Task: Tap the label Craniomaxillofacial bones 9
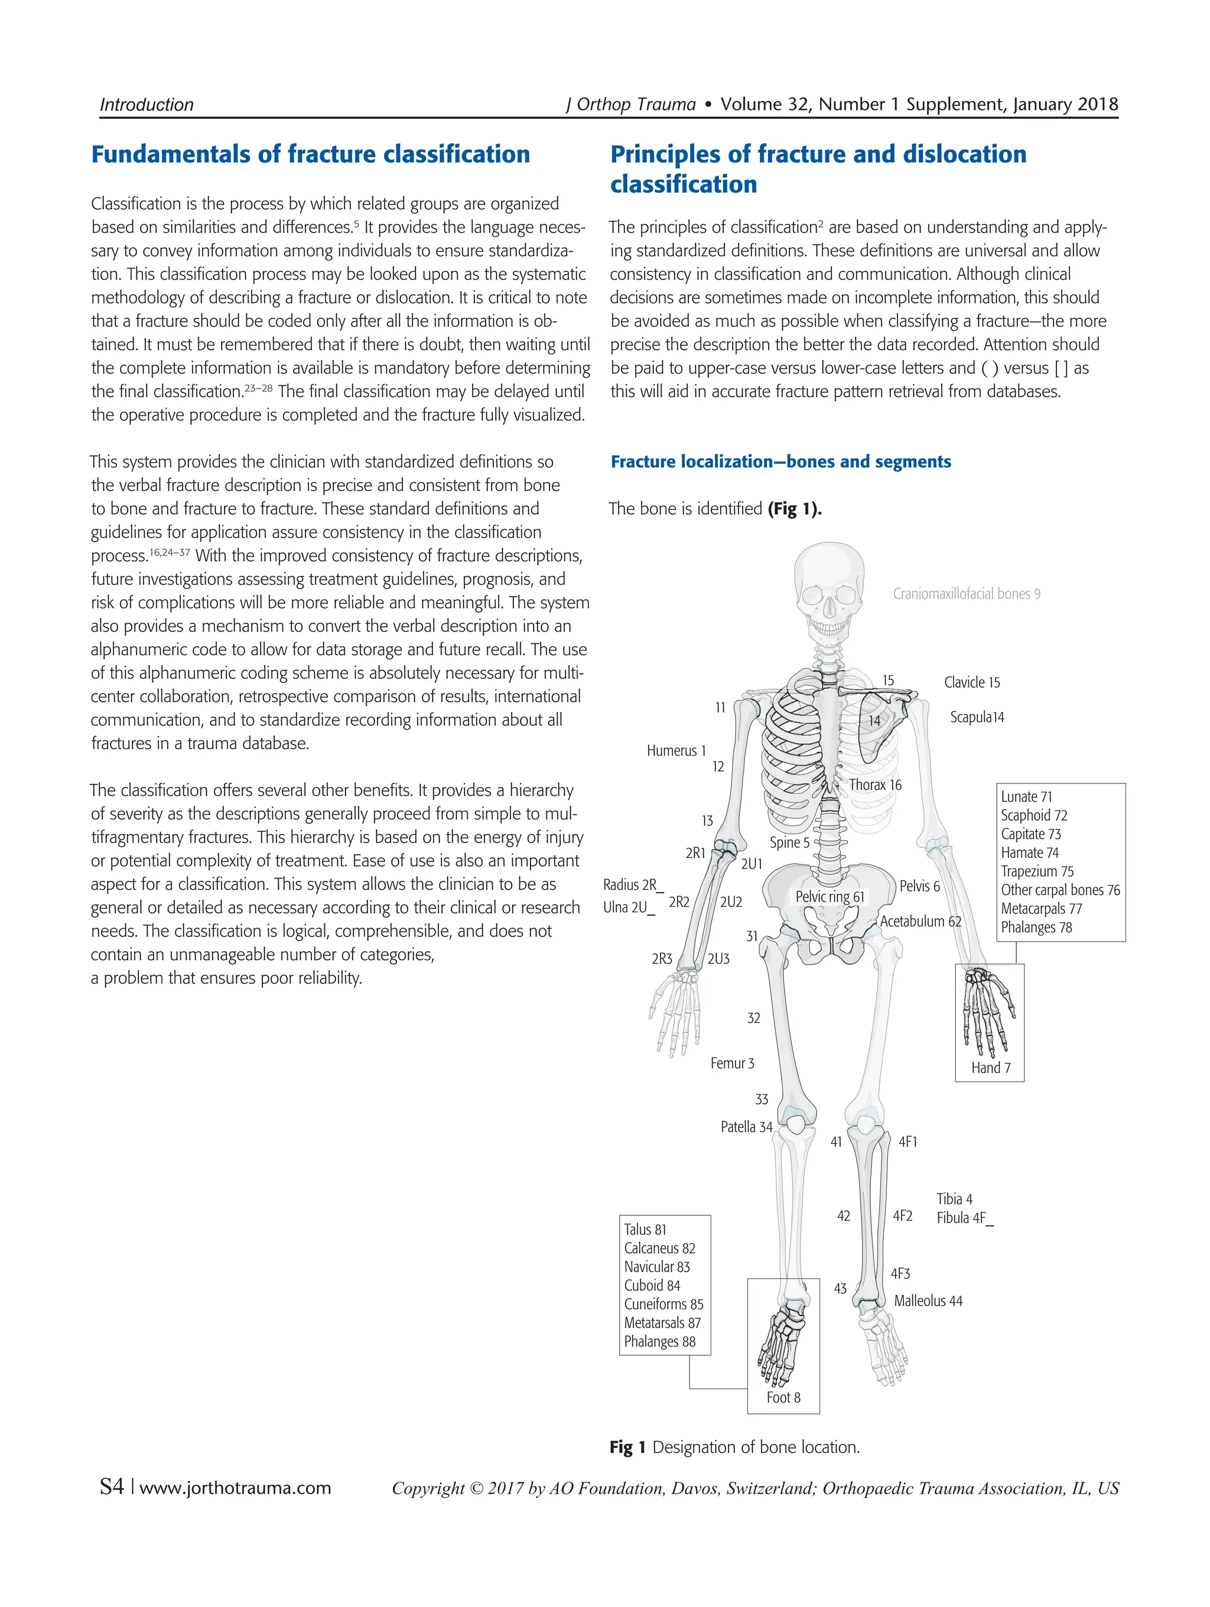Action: point(966,594)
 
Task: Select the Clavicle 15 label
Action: point(971,682)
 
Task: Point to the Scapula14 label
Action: point(976,717)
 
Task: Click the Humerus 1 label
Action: point(675,750)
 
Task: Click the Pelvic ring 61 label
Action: point(830,896)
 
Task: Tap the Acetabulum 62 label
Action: point(920,921)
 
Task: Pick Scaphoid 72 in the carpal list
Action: point(1033,815)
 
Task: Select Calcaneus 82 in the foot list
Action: point(659,1248)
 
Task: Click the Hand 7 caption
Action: point(991,1068)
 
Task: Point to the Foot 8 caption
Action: point(783,1398)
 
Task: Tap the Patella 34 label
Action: point(746,1127)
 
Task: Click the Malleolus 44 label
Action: point(928,1301)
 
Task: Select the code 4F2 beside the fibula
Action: point(902,1216)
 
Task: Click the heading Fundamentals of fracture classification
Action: point(310,154)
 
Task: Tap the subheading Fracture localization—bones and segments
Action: point(780,461)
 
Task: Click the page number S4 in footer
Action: point(112,1487)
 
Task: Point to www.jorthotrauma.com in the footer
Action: point(235,1488)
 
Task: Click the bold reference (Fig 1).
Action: point(794,509)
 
